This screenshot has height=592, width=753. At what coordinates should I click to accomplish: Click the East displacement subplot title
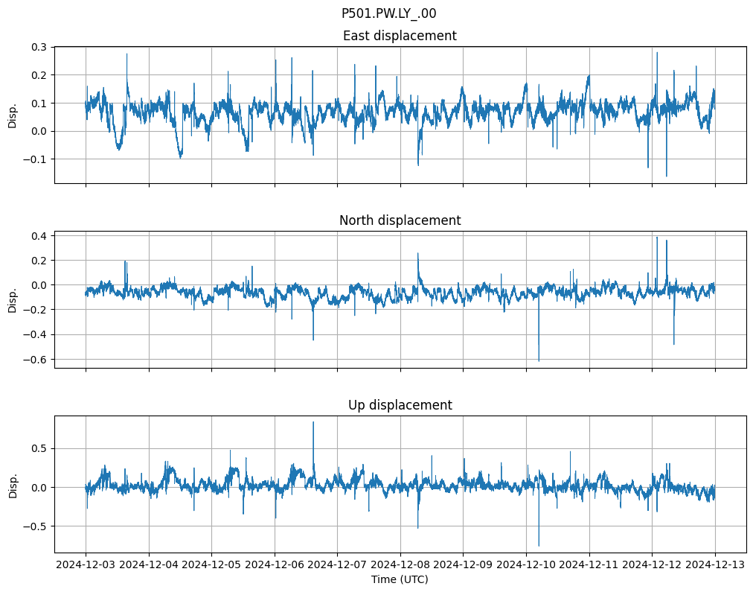click(400, 36)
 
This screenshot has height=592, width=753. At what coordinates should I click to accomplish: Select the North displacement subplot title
click(400, 220)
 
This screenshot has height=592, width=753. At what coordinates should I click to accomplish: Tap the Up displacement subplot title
click(400, 405)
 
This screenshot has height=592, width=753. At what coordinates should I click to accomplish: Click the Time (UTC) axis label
click(400, 579)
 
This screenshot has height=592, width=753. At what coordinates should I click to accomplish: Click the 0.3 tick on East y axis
click(39, 47)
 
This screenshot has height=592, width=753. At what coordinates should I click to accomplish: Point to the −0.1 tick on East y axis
click(35, 159)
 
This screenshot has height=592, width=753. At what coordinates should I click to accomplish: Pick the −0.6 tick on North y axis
click(35, 360)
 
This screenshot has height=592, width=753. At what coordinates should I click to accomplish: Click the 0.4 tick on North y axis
click(39, 236)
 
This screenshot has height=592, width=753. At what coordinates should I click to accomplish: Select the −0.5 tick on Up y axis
click(35, 526)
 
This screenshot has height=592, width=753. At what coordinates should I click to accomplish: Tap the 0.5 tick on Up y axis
click(39, 448)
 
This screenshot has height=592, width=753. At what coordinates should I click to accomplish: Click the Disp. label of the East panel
click(13, 115)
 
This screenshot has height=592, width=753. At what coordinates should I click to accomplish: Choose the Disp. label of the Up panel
click(13, 485)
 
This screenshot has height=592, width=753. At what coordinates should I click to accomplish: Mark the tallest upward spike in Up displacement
click(313, 422)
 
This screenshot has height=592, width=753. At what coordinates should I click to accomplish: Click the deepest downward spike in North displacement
click(539, 360)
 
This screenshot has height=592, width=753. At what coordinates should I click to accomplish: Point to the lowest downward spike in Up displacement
click(539, 546)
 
